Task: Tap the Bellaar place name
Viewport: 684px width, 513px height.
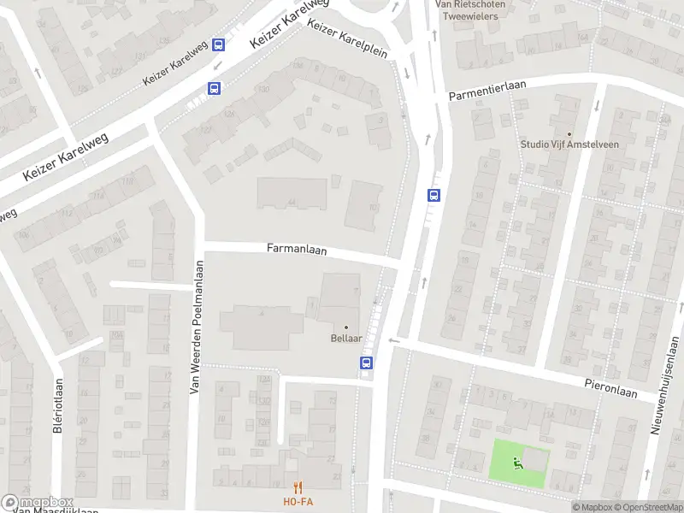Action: point(346,339)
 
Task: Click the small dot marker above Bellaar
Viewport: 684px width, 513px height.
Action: point(346,327)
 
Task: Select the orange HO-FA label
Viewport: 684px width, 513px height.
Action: point(298,501)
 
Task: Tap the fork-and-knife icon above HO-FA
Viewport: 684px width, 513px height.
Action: point(298,487)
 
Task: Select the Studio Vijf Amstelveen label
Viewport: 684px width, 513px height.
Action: point(569,144)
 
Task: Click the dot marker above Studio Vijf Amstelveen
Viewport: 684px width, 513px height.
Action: point(569,132)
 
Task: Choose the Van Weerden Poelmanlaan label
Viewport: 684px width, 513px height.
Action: point(194,327)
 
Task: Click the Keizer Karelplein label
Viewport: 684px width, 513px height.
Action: point(347,39)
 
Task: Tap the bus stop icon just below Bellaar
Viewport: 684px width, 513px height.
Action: point(366,363)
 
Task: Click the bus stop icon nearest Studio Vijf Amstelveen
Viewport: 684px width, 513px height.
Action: point(433,195)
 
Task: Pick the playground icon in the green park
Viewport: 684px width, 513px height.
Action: point(516,463)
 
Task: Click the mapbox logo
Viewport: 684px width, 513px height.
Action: point(38,503)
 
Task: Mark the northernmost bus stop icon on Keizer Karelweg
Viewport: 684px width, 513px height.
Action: point(219,45)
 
